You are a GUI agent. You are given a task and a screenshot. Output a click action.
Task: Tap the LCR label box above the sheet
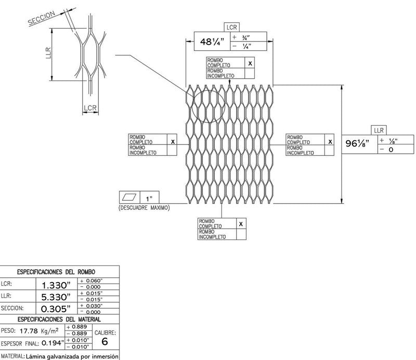click(x=232, y=27)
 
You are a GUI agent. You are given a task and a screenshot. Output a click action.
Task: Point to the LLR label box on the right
click(x=378, y=129)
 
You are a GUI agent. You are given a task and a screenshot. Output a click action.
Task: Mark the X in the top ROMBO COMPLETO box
click(x=251, y=63)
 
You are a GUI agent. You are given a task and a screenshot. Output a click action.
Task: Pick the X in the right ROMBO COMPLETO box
click(x=330, y=141)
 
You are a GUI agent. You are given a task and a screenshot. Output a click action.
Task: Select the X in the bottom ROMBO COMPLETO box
click(x=240, y=224)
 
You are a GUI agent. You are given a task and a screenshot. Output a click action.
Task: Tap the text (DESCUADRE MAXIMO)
click(x=146, y=208)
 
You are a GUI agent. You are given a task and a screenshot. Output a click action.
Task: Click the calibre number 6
click(x=105, y=342)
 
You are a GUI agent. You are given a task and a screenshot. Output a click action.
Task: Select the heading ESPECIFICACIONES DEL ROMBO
click(x=56, y=272)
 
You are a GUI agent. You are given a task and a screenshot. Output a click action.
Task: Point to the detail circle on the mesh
click(x=207, y=106)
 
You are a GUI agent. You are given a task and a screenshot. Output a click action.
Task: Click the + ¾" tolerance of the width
click(x=241, y=37)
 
